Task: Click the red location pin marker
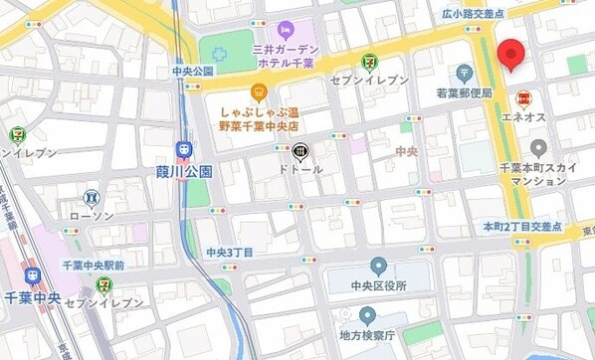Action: tap(511, 55)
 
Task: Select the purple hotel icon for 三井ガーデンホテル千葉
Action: tap(286, 30)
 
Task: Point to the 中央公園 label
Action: tap(193, 71)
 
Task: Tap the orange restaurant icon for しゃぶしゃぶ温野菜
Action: tap(259, 93)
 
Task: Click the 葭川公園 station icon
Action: tap(184, 149)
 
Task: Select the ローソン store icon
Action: tap(92, 197)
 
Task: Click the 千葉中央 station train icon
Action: tap(31, 275)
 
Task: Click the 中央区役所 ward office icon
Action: tap(378, 266)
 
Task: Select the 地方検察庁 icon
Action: tap(367, 317)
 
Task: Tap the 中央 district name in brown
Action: tap(406, 151)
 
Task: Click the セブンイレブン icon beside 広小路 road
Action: tap(369, 61)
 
